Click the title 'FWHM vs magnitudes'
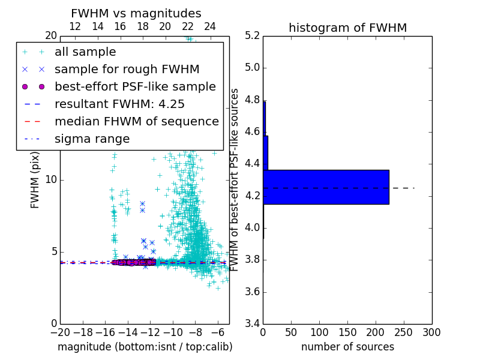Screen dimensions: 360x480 136,13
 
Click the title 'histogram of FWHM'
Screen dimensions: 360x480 347,28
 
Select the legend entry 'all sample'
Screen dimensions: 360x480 85,52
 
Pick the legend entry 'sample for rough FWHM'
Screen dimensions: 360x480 127,69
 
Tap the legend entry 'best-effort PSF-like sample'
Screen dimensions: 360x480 135,86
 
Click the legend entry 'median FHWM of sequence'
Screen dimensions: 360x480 136,121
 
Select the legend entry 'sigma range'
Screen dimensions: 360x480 92,139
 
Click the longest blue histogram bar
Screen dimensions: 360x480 326,187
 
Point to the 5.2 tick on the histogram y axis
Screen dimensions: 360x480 252,35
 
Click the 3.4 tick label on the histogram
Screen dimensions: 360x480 252,324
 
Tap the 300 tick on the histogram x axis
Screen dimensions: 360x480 431,332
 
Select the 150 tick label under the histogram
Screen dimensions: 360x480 347,332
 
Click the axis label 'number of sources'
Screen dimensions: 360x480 347,347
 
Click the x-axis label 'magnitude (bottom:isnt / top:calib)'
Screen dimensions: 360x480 145,347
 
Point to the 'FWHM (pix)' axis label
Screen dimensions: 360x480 35,179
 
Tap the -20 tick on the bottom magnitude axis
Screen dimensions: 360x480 60,332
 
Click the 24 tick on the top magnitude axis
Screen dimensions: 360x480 210,26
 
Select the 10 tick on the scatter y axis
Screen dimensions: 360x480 50,180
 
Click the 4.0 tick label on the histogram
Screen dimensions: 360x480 252,228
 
